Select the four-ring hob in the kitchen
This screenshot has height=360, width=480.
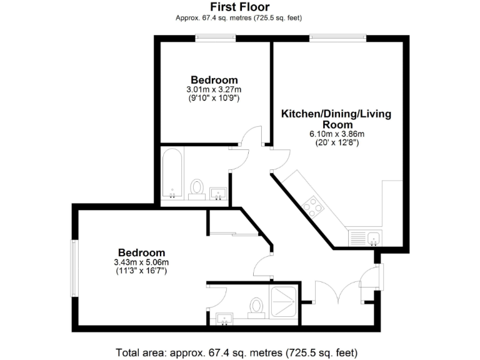313,206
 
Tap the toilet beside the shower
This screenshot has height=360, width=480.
255,307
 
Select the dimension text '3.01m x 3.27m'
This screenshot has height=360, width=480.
214,90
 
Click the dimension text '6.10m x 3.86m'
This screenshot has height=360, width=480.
337,134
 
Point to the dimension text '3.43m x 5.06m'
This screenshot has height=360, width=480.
142,262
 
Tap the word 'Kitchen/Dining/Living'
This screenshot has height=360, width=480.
336,114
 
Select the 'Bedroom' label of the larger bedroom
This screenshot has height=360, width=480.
142,252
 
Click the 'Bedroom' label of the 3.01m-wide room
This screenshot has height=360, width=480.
214,80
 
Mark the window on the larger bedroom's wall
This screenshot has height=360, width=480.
74,269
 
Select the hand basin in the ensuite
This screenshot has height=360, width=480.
225,319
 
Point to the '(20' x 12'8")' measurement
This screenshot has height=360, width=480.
337,143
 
